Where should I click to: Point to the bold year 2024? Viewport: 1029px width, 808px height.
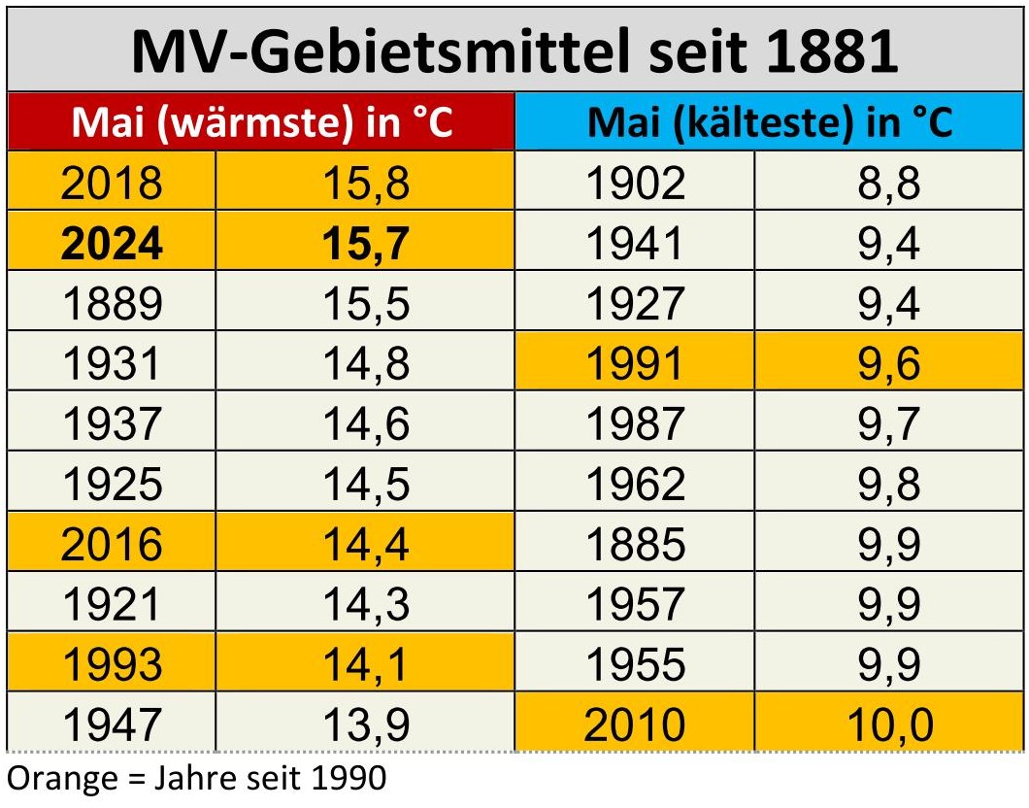tap(112, 243)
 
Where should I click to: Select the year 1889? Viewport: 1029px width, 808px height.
tap(112, 303)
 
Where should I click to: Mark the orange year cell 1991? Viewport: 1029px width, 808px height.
tap(636, 363)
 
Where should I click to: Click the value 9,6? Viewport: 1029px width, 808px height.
tap(888, 363)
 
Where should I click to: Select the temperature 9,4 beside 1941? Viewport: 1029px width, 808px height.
tap(888, 243)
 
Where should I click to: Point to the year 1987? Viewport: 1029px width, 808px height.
tap(636, 423)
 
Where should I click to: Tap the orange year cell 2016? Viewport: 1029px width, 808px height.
tap(112, 544)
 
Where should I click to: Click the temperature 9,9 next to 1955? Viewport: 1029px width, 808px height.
tap(888, 664)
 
